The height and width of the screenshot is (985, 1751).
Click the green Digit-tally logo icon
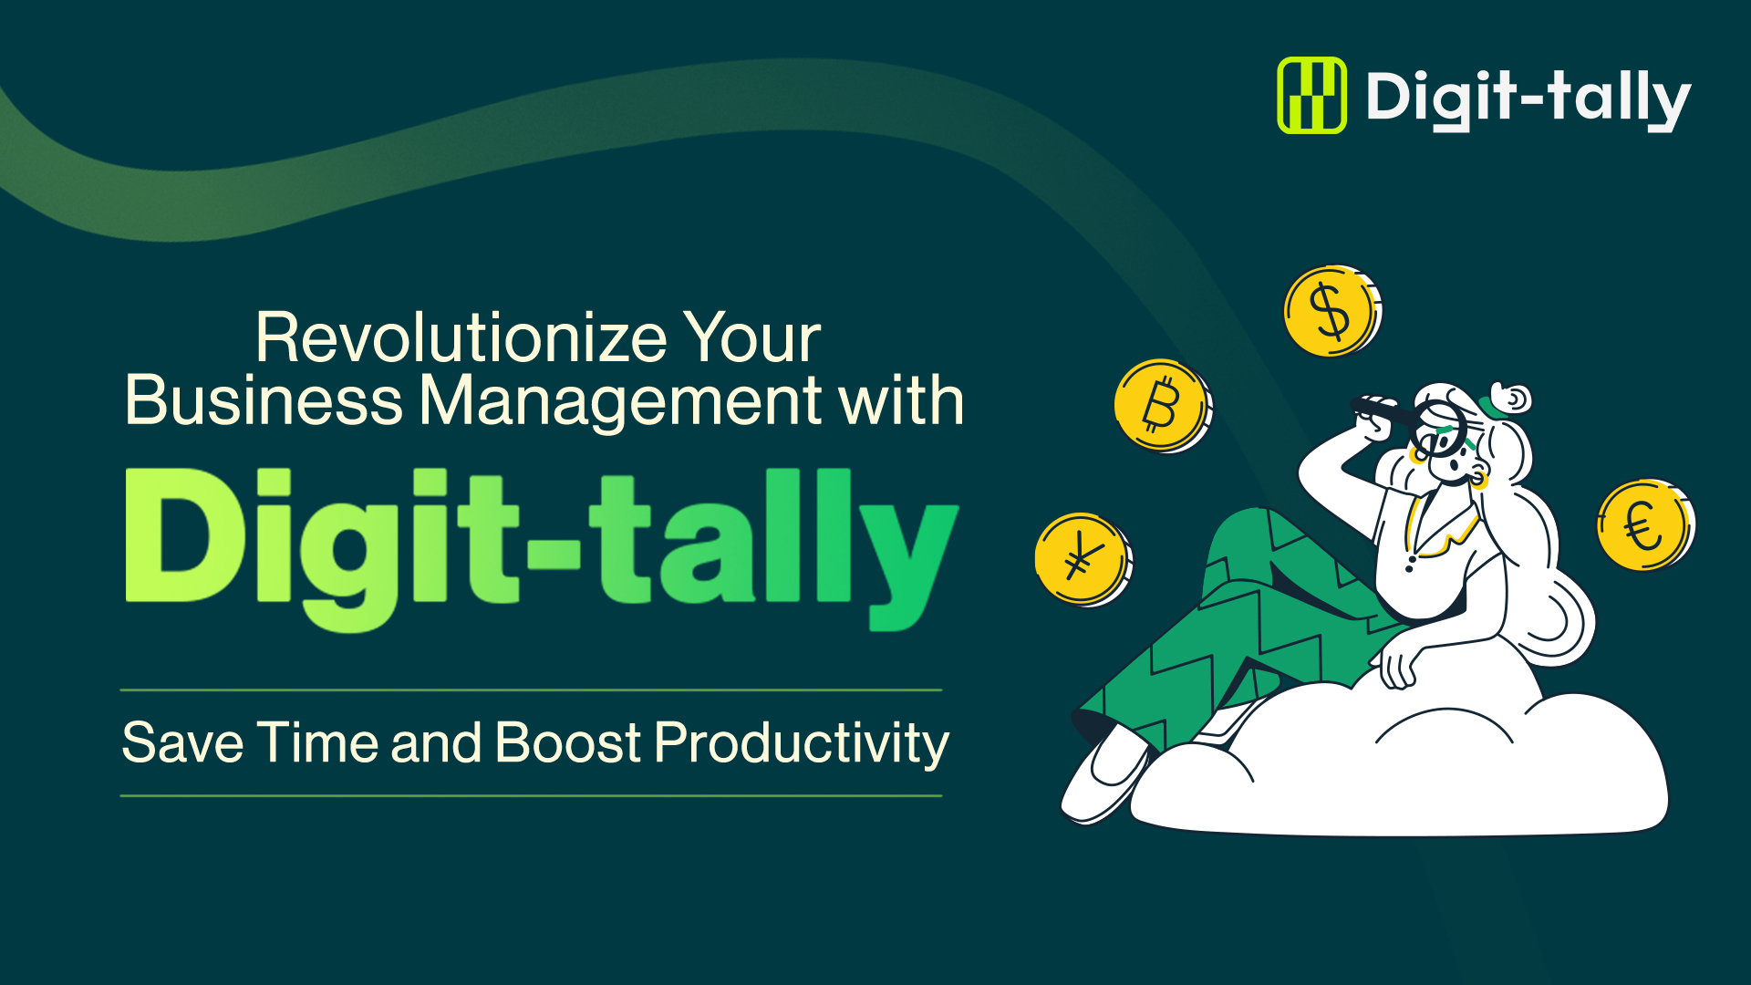click(x=1311, y=95)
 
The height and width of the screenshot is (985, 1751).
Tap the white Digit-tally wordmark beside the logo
click(x=1528, y=99)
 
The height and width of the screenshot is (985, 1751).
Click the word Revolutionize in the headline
click(x=462, y=337)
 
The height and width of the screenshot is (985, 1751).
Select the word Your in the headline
click(x=752, y=337)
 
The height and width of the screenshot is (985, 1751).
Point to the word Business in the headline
click(x=264, y=400)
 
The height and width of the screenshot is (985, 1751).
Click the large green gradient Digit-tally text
click(x=542, y=548)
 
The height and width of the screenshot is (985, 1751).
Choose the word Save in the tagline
click(x=183, y=742)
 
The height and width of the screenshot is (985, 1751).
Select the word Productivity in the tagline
click(x=803, y=743)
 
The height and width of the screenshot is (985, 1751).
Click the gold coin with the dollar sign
click(x=1332, y=311)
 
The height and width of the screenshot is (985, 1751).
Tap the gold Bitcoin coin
click(x=1163, y=406)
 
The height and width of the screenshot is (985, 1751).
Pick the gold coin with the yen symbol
click(x=1083, y=559)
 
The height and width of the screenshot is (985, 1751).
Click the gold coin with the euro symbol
click(x=1645, y=525)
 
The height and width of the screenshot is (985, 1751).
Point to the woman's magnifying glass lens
click(x=1440, y=429)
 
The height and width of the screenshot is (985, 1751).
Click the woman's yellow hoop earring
click(x=1478, y=479)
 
